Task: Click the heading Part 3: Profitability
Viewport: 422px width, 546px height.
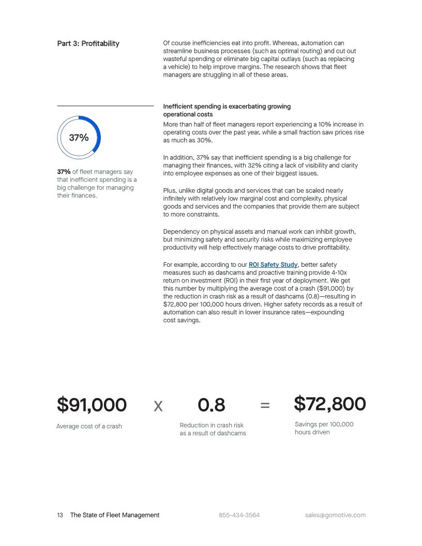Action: (x=88, y=43)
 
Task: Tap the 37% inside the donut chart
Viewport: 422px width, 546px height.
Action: (x=79, y=138)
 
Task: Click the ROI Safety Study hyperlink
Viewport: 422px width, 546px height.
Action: (x=273, y=265)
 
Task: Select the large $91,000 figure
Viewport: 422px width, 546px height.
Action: (x=92, y=405)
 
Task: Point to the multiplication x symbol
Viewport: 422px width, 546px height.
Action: (x=158, y=406)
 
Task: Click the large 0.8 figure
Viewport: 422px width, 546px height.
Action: (x=212, y=405)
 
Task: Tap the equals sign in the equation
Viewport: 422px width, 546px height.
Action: (x=265, y=406)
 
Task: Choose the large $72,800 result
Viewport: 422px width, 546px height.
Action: (x=330, y=404)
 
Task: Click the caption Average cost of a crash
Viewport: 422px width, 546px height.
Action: (x=89, y=427)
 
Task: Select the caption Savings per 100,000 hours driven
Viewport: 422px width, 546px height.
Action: (x=324, y=428)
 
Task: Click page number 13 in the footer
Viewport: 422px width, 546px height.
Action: (x=60, y=515)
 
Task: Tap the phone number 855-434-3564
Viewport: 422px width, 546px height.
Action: (x=239, y=515)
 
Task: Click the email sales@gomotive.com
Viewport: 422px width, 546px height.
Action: (x=335, y=515)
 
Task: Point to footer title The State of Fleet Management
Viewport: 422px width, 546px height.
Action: (x=115, y=515)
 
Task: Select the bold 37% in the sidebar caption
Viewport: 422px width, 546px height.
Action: (x=64, y=172)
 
